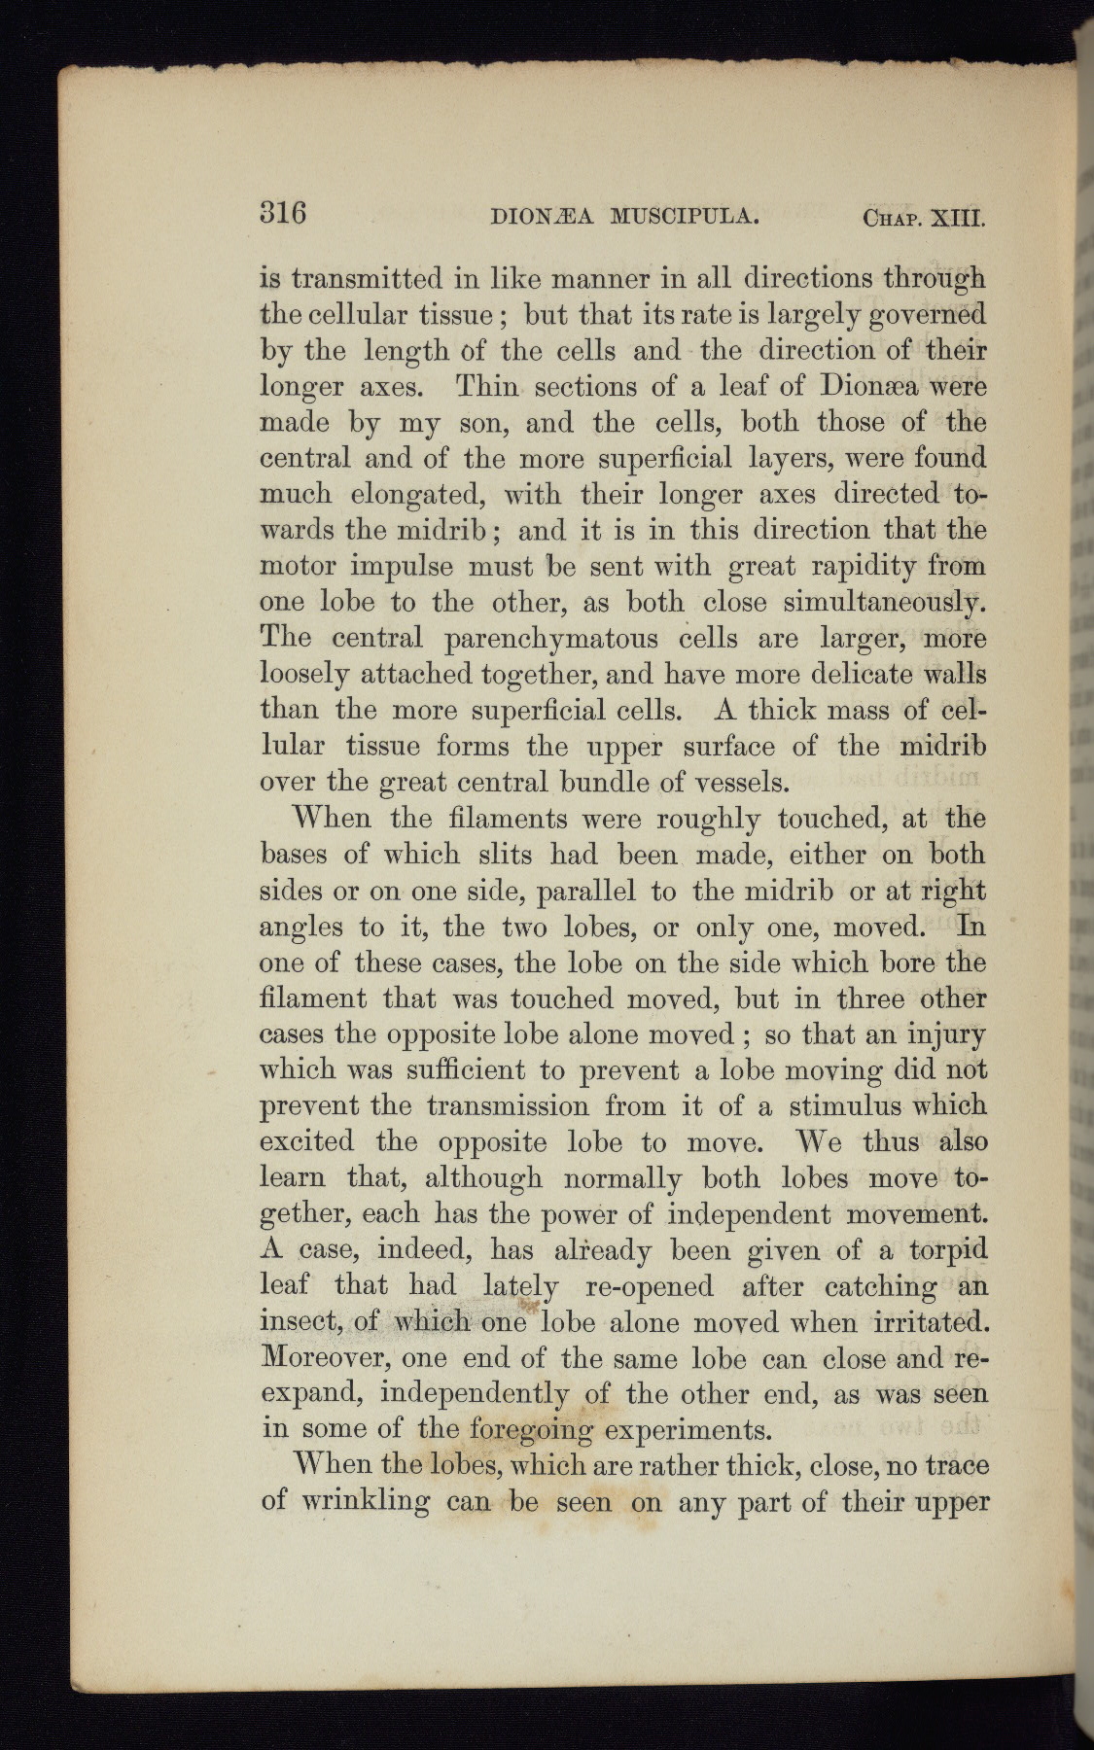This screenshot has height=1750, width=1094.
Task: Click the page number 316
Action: click(283, 212)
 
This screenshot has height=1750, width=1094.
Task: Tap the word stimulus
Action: click(835, 1106)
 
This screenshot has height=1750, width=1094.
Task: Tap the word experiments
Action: click(688, 1430)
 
